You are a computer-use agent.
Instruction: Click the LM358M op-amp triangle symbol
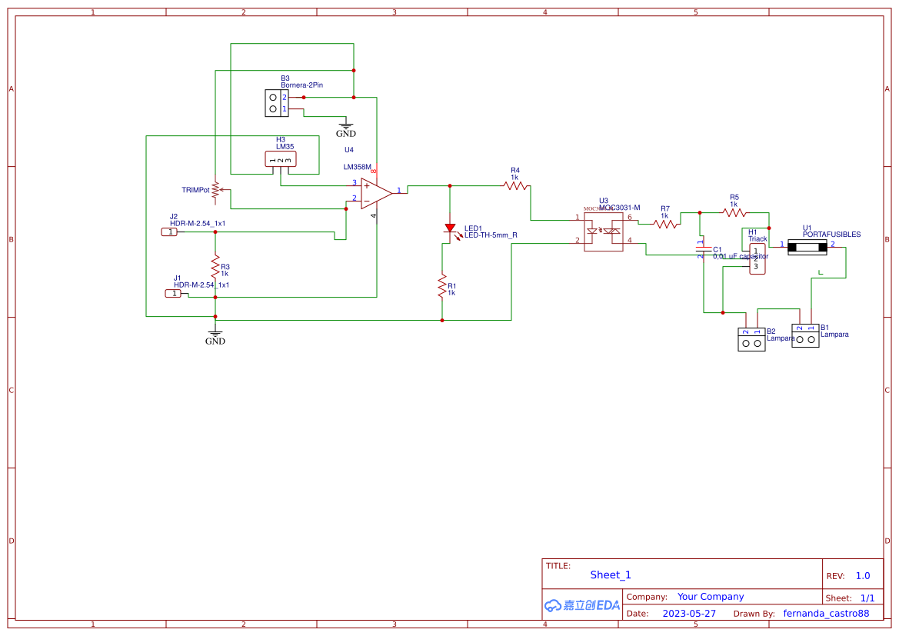point(376,193)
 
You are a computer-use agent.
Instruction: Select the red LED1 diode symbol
point(450,228)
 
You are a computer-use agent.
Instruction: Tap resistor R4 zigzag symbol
point(514,185)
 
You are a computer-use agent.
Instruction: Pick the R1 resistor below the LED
point(442,286)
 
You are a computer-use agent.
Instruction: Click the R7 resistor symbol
point(666,224)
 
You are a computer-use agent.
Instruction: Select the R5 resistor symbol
point(734,211)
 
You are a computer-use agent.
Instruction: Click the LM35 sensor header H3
point(280,159)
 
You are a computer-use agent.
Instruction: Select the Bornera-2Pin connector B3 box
point(273,103)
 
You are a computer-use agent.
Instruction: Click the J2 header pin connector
point(170,231)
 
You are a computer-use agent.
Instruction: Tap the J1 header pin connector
point(175,293)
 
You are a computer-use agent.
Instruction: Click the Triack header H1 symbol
point(756,259)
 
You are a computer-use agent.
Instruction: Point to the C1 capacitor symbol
point(701,249)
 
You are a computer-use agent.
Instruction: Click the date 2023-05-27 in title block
point(689,614)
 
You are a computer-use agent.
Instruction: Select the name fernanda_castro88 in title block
point(826,614)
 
